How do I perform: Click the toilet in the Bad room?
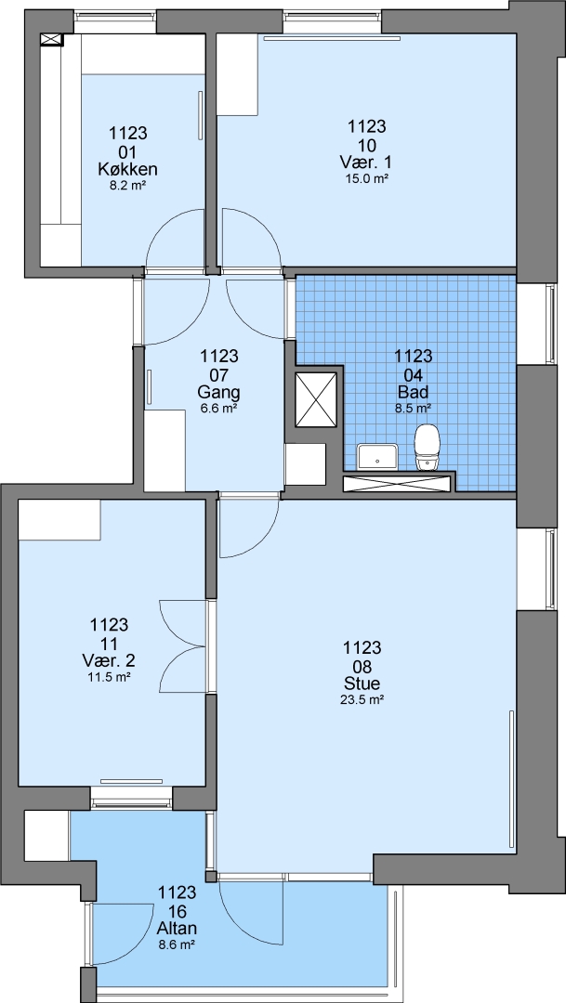pos(428,448)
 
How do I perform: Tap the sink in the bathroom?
pos(377,457)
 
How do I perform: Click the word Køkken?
pos(128,170)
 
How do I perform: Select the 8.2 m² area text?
pos(128,188)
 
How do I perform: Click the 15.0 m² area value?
pos(367,178)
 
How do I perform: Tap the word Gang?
pos(219,392)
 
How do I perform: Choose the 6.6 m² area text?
pos(219,408)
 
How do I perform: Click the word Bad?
pos(413,390)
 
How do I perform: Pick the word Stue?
pos(362,681)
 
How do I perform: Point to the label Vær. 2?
pos(110,659)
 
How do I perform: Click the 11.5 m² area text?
pos(110,677)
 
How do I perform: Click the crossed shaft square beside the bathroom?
pos(316,399)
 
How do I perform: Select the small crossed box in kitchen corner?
pos(51,40)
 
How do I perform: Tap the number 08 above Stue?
pos(362,664)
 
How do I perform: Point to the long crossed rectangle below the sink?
pos(398,484)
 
